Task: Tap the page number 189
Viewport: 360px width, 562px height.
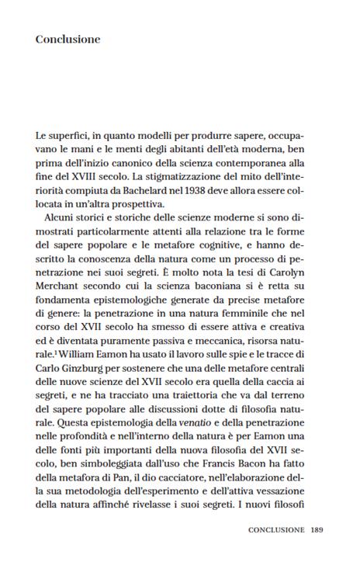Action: point(317,531)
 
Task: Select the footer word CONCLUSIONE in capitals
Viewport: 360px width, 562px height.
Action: point(276,531)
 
